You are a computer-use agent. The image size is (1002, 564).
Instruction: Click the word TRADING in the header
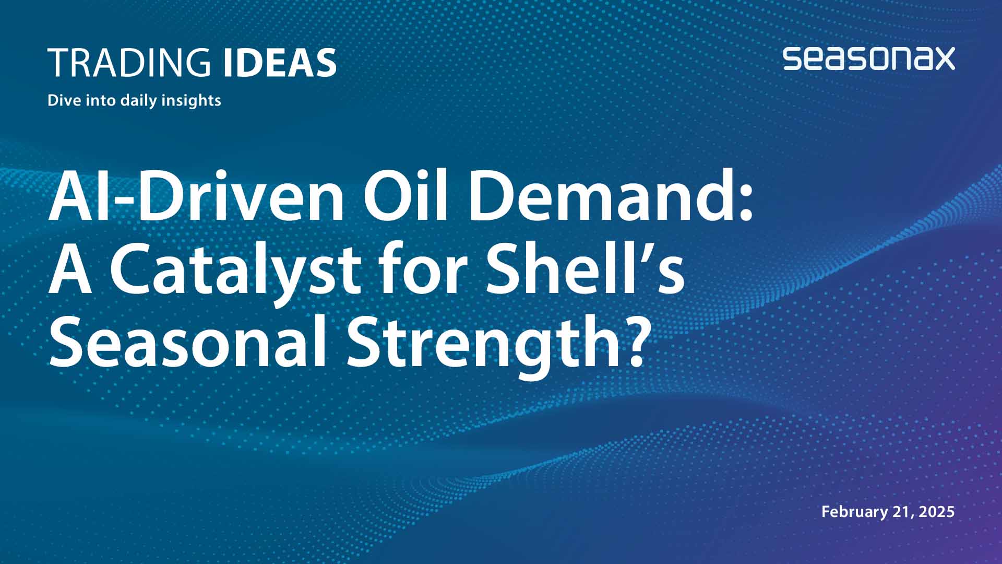click(x=129, y=63)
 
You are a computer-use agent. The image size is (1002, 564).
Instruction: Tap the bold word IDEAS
click(x=279, y=63)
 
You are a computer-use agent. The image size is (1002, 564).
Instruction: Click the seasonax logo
click(x=868, y=58)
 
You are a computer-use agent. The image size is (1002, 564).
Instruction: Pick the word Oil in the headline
click(x=405, y=197)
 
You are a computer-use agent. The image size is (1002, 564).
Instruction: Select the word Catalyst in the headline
click(x=235, y=271)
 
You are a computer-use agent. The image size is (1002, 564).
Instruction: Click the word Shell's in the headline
click(x=584, y=271)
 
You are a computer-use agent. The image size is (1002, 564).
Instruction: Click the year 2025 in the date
click(x=937, y=512)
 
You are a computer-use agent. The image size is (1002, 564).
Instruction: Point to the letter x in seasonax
click(x=942, y=58)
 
